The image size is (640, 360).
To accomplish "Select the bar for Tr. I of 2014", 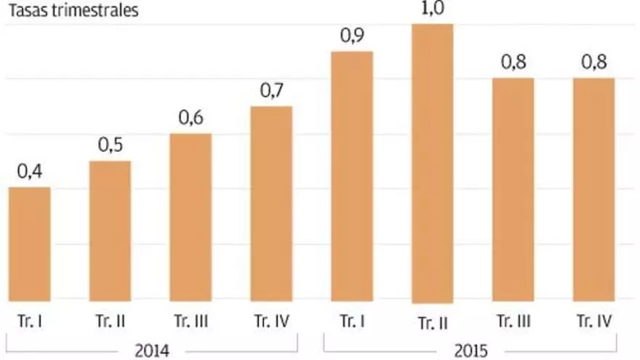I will (x=30, y=244).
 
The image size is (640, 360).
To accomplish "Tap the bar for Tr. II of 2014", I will (x=110, y=231).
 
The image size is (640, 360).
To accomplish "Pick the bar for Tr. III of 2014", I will (x=191, y=217).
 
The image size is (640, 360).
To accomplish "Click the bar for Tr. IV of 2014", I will (x=271, y=204).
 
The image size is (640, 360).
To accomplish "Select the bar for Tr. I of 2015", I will (x=352, y=176).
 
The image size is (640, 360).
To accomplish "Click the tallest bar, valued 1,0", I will (x=432, y=164).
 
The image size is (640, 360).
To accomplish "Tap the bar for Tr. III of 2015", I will (x=513, y=190).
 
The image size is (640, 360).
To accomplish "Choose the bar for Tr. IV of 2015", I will (x=593, y=190).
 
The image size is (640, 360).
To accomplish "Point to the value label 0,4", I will (x=30, y=172).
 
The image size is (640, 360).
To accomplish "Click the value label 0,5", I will (x=111, y=145).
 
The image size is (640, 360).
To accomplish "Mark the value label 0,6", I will (x=191, y=118).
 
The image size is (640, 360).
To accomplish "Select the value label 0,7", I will (x=271, y=91).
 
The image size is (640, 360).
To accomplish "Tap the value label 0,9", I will (x=352, y=36).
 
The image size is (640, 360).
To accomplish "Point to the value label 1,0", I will (x=432, y=10).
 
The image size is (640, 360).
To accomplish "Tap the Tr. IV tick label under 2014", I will (x=271, y=321).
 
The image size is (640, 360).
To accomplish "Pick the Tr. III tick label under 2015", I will (x=513, y=321).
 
